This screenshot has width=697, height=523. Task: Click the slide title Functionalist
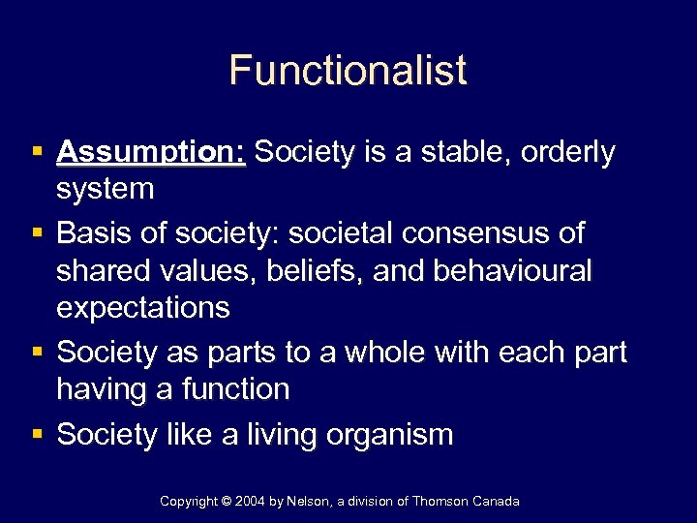pos(348,71)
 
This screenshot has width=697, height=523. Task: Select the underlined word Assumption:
pos(152,153)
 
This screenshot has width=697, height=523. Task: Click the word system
pos(106,189)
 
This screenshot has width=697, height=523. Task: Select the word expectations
pos(143,308)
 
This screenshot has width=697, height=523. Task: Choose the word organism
pos(391,434)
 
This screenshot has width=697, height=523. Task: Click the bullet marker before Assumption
pos(35,153)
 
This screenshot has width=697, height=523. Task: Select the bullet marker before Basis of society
pos(35,233)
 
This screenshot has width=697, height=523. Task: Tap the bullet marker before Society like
pos(35,434)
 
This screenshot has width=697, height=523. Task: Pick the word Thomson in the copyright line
pos(439,501)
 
